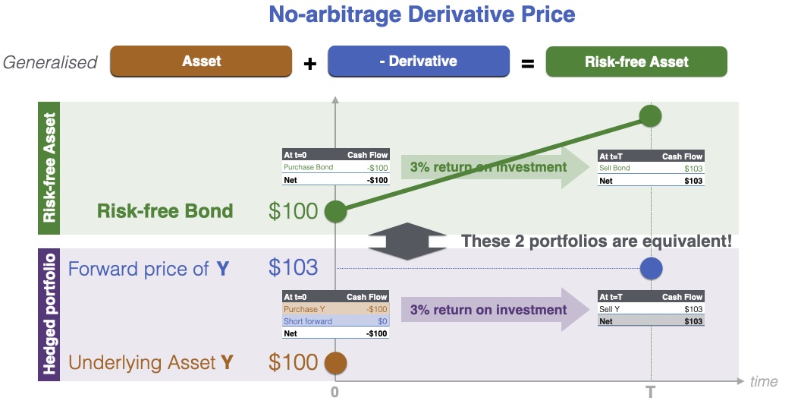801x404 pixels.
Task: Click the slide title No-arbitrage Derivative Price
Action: point(422,14)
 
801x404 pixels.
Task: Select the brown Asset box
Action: point(201,62)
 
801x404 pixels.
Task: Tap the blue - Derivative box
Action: point(419,62)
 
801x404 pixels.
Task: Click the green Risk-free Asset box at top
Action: point(636,62)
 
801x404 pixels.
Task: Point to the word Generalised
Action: point(50,62)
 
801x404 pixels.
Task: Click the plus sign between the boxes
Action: point(310,64)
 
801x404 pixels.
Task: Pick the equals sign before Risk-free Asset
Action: point(528,64)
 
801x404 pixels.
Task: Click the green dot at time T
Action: point(650,116)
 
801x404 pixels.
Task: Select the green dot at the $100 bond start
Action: point(335,211)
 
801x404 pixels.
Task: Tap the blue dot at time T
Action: point(651,269)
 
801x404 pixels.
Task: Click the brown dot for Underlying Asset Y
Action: point(335,363)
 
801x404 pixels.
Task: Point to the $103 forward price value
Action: point(294,267)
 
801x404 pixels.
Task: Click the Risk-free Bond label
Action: point(165,210)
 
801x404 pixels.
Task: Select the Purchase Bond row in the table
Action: point(335,168)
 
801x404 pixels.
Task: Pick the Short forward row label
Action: point(307,321)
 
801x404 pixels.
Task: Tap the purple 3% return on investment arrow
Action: point(495,309)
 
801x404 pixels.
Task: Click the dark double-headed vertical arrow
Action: point(407,241)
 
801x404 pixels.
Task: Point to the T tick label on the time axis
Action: point(650,393)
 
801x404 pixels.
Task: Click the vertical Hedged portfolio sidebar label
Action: point(49,314)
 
